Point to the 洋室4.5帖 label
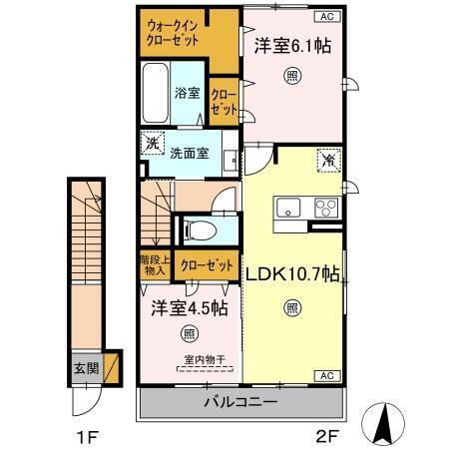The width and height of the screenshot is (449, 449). point(189,309)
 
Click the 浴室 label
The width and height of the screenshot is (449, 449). point(188,93)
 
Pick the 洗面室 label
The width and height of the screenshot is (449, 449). point(189,153)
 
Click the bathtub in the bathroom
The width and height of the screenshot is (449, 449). point(156,92)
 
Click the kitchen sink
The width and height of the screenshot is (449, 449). point(289,209)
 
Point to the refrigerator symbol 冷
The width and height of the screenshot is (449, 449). point(327,159)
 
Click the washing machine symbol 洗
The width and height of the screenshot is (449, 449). point(152,143)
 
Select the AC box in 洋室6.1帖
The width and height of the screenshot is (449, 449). point(326,17)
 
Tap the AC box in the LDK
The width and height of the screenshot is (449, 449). point(326,375)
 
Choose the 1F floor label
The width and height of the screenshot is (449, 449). point(89,436)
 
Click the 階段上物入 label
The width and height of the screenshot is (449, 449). point(154,266)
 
